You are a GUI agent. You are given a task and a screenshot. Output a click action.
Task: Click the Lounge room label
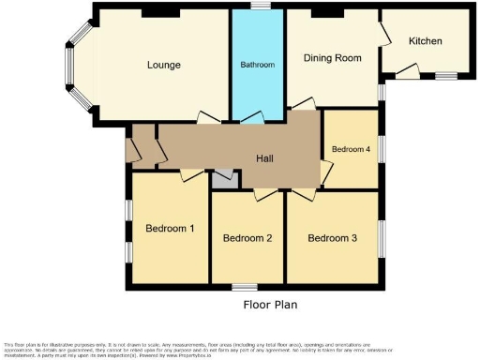click(163, 65)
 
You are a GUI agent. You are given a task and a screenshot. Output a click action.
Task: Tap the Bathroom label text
click(258, 65)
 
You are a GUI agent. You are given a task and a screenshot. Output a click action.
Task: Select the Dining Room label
click(332, 58)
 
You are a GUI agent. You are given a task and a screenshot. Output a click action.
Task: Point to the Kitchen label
click(427, 41)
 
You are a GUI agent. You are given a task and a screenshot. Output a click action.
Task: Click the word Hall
click(266, 158)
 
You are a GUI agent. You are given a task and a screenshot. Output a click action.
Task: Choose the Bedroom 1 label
click(170, 228)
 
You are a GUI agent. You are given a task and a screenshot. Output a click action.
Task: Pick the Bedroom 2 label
click(247, 238)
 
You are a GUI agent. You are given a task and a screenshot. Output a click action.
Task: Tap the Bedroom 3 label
click(333, 237)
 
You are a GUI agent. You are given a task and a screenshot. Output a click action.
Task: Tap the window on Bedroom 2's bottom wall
click(246, 285)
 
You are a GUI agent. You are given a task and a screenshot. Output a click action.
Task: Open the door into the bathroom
click(251, 117)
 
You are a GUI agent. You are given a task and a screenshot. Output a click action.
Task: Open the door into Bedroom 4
click(325, 172)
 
